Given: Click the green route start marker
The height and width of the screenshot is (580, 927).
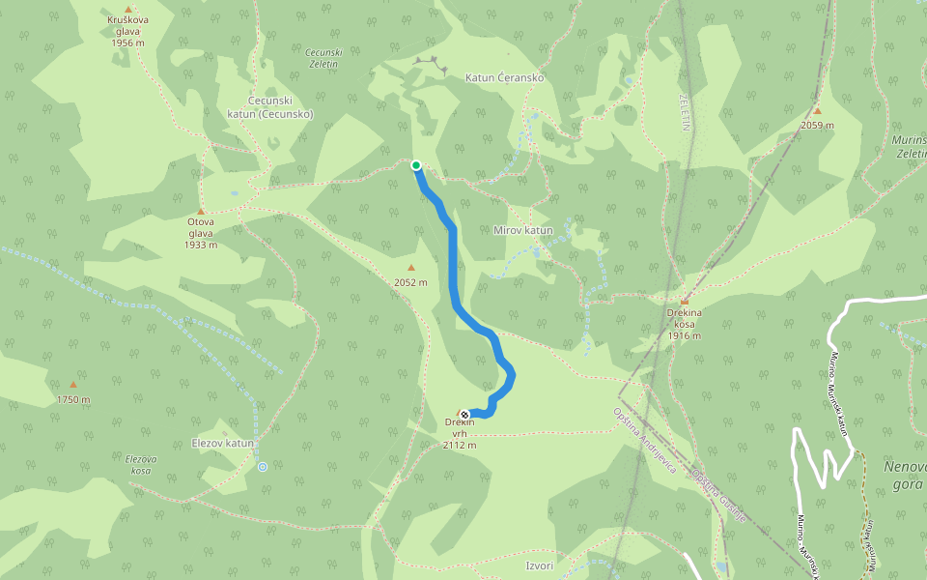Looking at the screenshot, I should pos(416,165).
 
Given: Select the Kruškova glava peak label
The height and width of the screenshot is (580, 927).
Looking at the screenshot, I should pos(127,31).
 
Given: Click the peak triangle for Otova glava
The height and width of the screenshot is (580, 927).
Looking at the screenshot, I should pos(201,212).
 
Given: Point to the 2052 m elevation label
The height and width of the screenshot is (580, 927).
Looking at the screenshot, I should pos(411,282).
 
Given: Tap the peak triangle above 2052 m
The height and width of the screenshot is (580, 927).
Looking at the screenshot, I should pos(411,269).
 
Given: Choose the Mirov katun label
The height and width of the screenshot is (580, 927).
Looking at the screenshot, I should pos(522,230).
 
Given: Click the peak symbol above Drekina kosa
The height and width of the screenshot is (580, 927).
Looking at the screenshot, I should pos(684,301).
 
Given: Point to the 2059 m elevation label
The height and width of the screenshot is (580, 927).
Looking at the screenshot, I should pos(817,126).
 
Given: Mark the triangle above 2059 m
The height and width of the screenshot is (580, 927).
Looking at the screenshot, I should pos(817,111).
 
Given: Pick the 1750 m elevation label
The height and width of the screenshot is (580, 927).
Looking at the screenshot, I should pos(73,399).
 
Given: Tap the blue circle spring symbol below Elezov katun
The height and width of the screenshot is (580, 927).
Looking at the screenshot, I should pos(263,467).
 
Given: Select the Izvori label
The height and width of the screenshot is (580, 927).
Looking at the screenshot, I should pos(540,565).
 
